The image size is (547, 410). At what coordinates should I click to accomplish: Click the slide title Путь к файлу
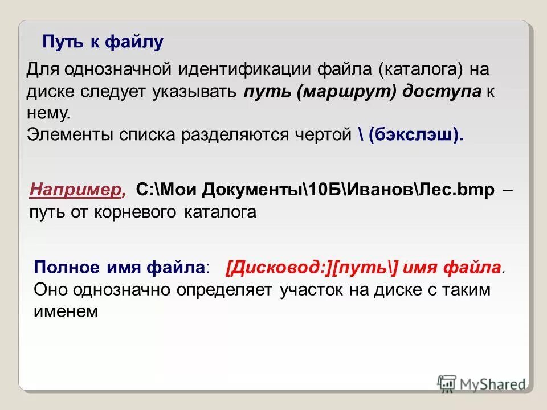tap(103, 42)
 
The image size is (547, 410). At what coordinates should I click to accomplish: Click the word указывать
tap(193, 93)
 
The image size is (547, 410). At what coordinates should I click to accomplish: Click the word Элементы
tap(70, 135)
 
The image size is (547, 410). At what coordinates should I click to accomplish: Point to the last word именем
tap(66, 310)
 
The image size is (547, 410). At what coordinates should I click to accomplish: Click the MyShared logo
tap(482, 384)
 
